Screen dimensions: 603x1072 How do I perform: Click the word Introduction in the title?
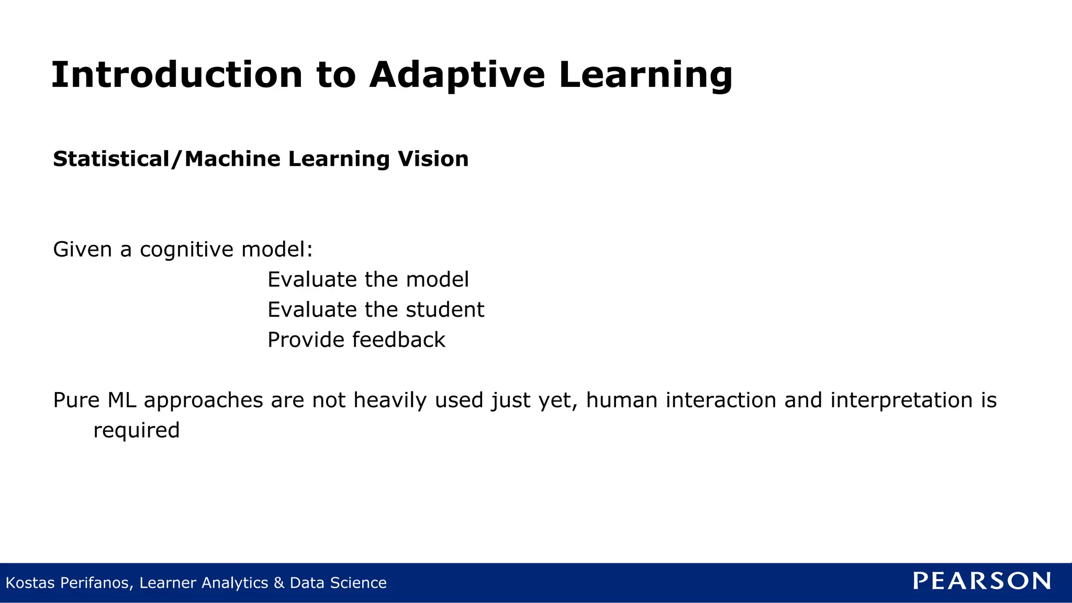click(x=177, y=74)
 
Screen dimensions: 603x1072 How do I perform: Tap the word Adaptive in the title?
click(x=457, y=74)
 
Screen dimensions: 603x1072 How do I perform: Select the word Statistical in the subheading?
click(x=111, y=159)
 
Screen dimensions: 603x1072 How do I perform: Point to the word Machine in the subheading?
click(x=232, y=159)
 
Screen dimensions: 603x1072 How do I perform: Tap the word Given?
click(x=83, y=250)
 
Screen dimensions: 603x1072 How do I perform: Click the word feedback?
click(x=398, y=340)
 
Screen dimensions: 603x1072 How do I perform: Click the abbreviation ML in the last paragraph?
click(x=122, y=400)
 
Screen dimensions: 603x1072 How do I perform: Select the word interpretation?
click(x=901, y=400)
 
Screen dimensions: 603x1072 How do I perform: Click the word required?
click(x=136, y=431)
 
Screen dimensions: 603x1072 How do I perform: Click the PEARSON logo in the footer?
click(x=982, y=581)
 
